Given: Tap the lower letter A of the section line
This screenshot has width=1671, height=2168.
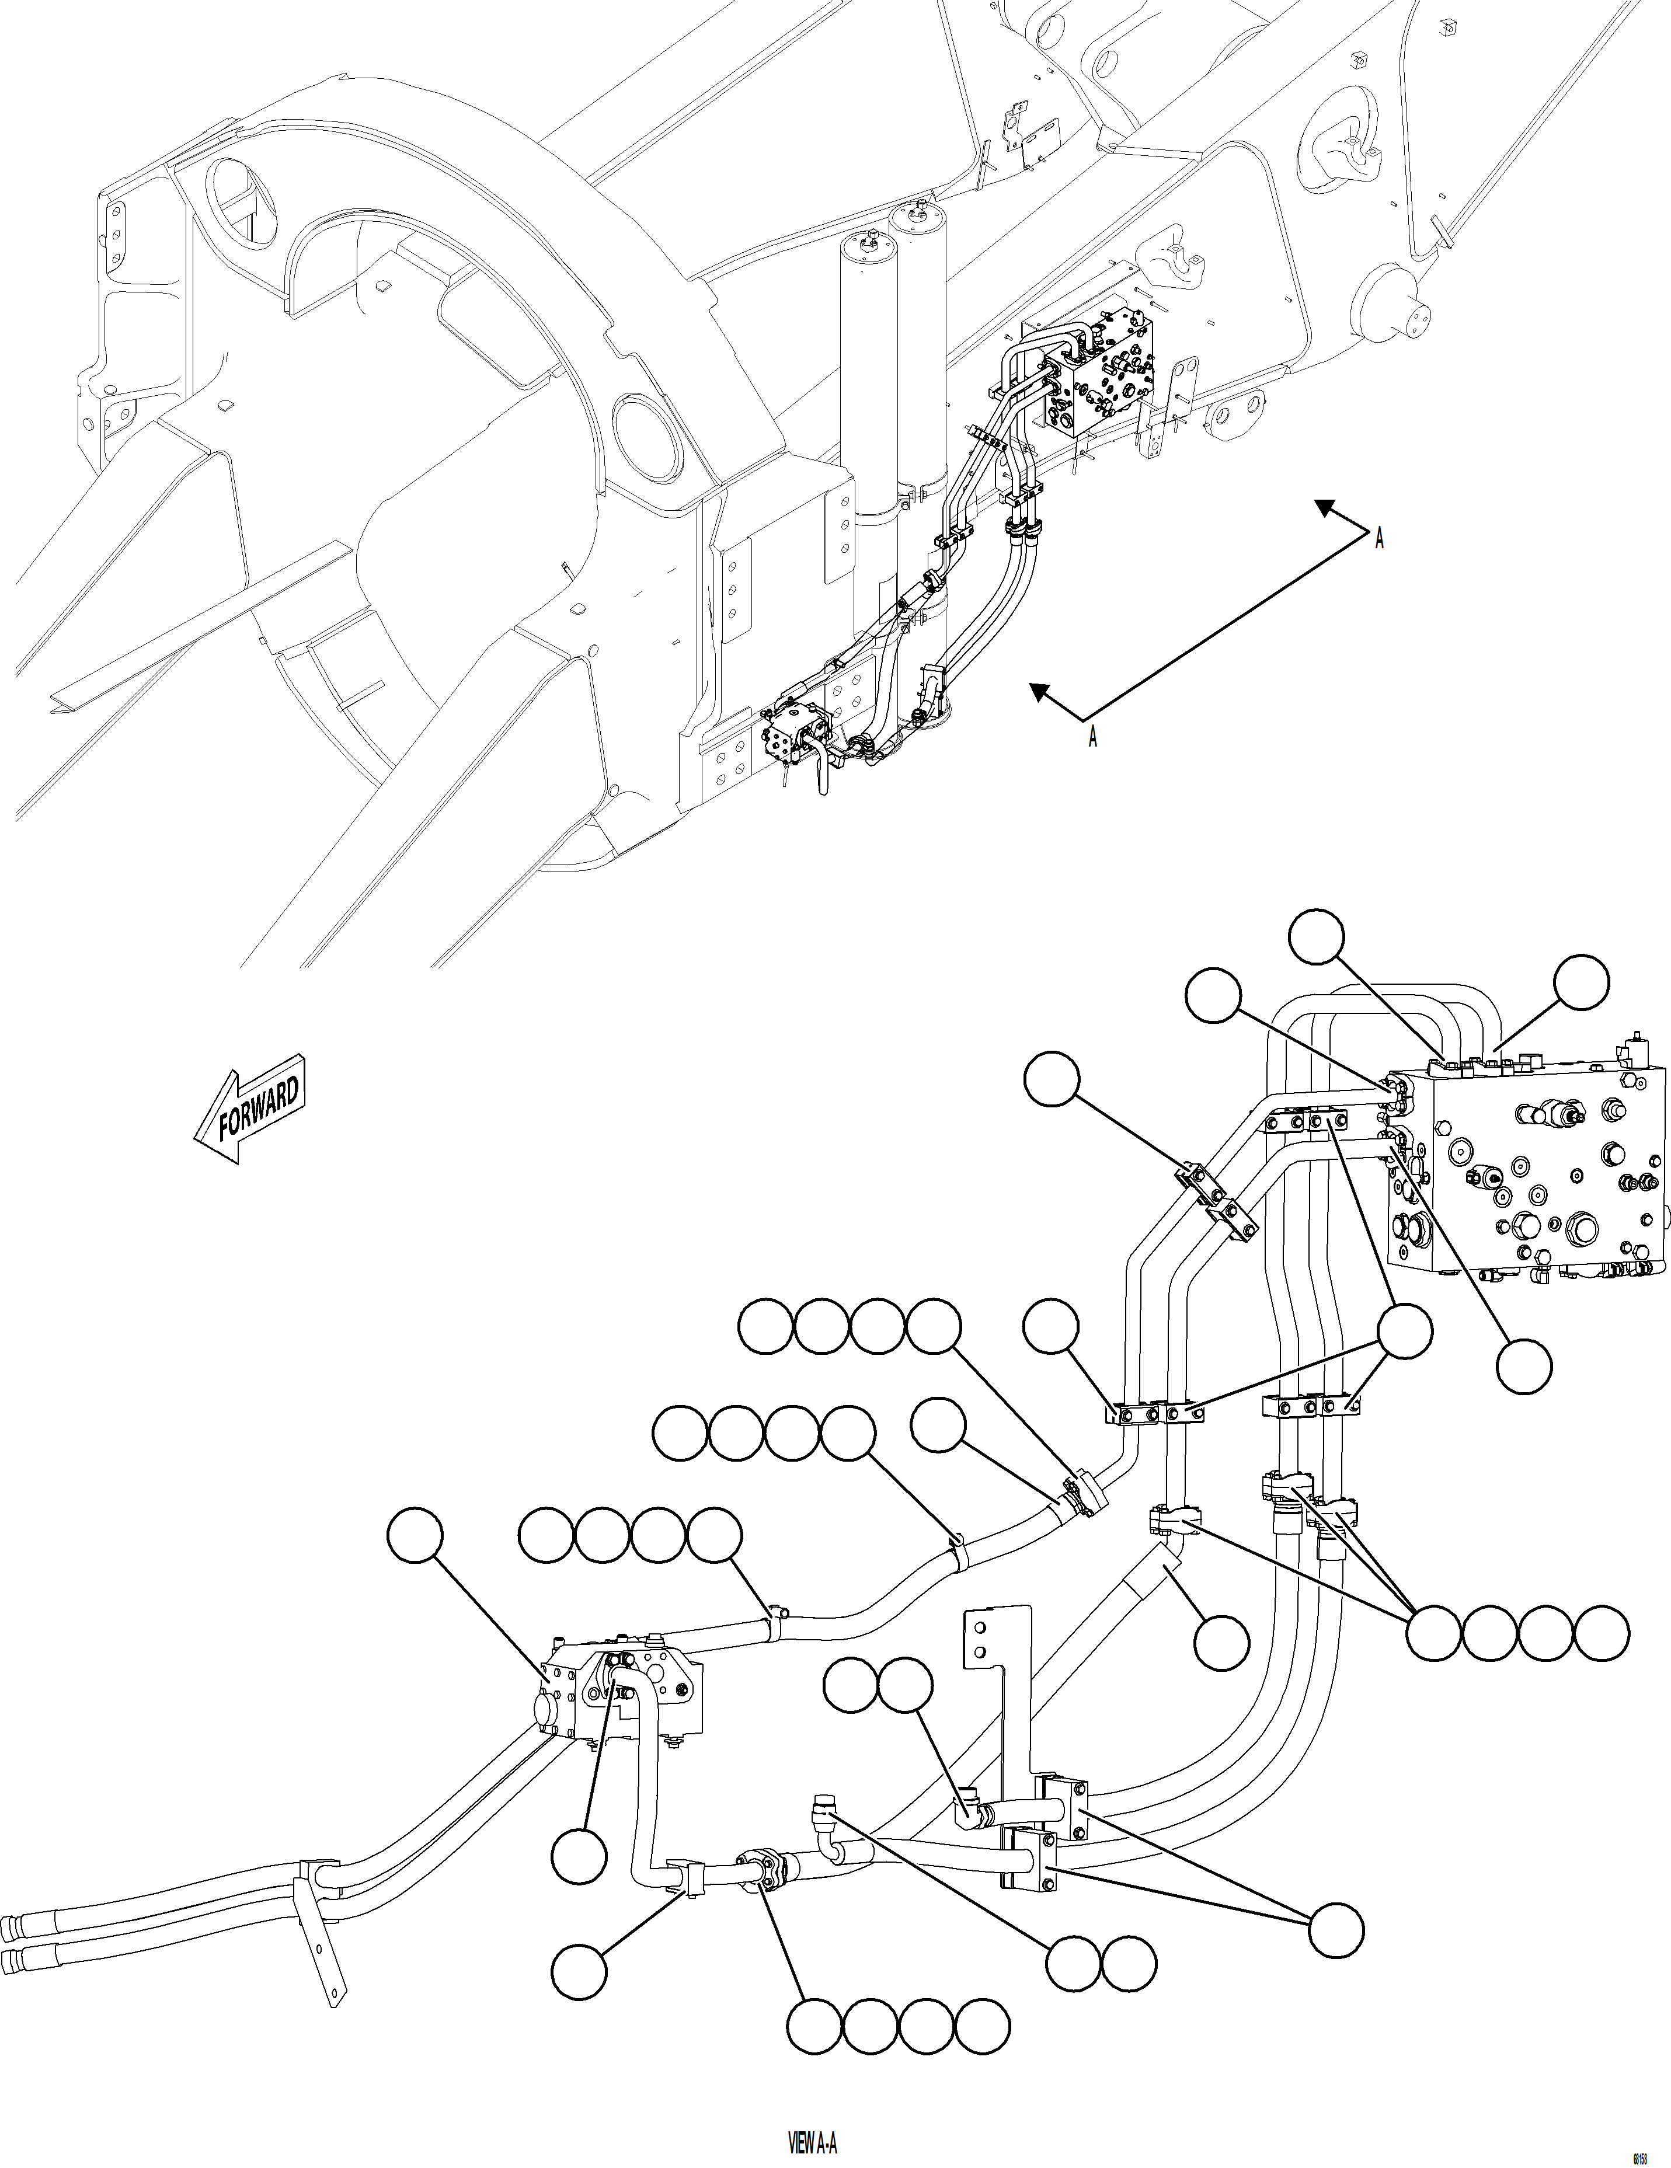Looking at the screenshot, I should click(x=1092, y=738).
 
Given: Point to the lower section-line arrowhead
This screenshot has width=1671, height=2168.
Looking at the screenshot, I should click(x=1039, y=691).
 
